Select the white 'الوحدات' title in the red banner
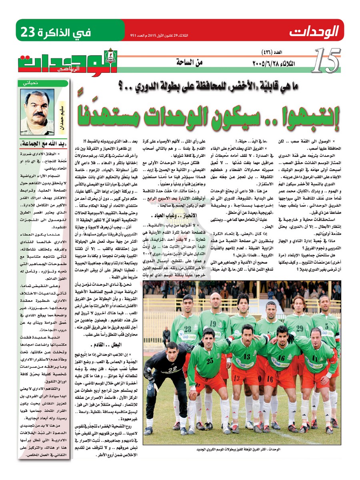coord(314,30)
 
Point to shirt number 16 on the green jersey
coord(282,357)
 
